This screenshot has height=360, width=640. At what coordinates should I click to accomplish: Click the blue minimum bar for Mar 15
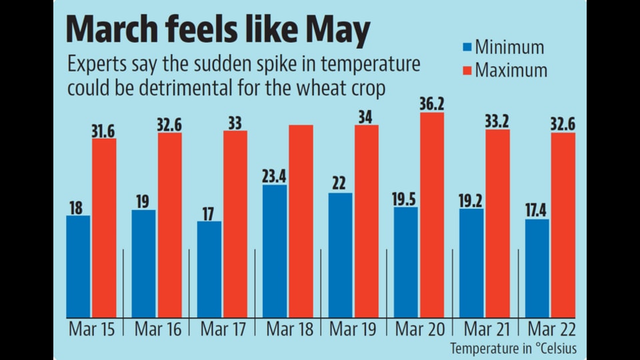point(79,267)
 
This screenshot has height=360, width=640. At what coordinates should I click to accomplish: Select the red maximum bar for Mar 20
point(432,215)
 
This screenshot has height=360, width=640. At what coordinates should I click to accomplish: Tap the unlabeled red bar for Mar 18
point(301,221)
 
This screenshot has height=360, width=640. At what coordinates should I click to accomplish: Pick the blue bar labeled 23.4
point(275,251)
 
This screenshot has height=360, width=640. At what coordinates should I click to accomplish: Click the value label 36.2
point(432,104)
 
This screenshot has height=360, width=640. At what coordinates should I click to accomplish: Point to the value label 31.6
point(103,131)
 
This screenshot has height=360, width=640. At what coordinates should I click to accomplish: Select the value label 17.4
point(535,211)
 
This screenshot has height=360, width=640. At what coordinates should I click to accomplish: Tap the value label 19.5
point(404,199)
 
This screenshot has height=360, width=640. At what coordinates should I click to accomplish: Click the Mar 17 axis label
point(223,329)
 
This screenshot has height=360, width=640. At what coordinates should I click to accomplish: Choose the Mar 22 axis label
point(551,329)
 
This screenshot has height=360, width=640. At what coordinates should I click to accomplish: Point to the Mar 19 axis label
point(353,329)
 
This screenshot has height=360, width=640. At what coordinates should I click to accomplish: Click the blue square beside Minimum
point(467,47)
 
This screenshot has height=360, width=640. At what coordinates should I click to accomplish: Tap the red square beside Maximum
point(467,71)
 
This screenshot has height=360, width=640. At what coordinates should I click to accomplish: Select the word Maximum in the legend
point(511,70)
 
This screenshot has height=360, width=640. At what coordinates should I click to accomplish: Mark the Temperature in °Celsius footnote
point(513,349)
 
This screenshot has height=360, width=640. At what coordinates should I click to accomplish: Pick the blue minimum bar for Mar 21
point(471,263)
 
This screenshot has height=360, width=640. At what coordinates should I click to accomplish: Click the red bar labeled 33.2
point(497,224)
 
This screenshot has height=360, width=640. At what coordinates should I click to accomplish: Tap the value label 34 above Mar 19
point(365,117)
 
